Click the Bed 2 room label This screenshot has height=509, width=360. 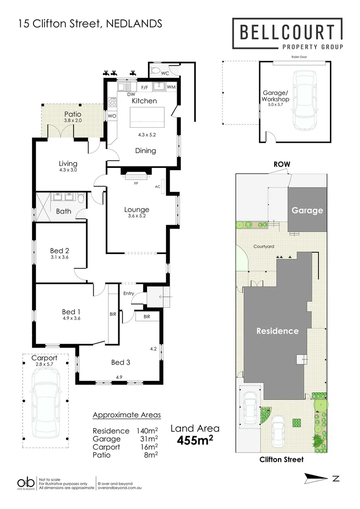coord(59,250)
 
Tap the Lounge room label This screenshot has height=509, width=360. coord(137,210)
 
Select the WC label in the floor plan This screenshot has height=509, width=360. coord(165,74)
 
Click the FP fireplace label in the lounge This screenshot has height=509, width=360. coord(136,183)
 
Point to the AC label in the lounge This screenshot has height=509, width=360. coord(157,186)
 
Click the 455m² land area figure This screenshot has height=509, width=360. coord(195,440)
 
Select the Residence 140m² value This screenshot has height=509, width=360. coord(150,431)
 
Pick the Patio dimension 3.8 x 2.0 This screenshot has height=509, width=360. coord(73,121)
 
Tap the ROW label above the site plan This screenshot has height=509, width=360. coord(282,164)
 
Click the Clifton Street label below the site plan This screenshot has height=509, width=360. coord(282,460)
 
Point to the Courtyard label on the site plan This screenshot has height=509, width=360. coord(264,246)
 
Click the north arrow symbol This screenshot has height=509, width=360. coord(317,478)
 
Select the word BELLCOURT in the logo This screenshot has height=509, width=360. coord(287,32)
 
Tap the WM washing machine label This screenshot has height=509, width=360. coord(171,87)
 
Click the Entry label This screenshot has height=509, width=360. coord(129,293)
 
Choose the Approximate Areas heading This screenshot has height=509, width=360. coord(127,415)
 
